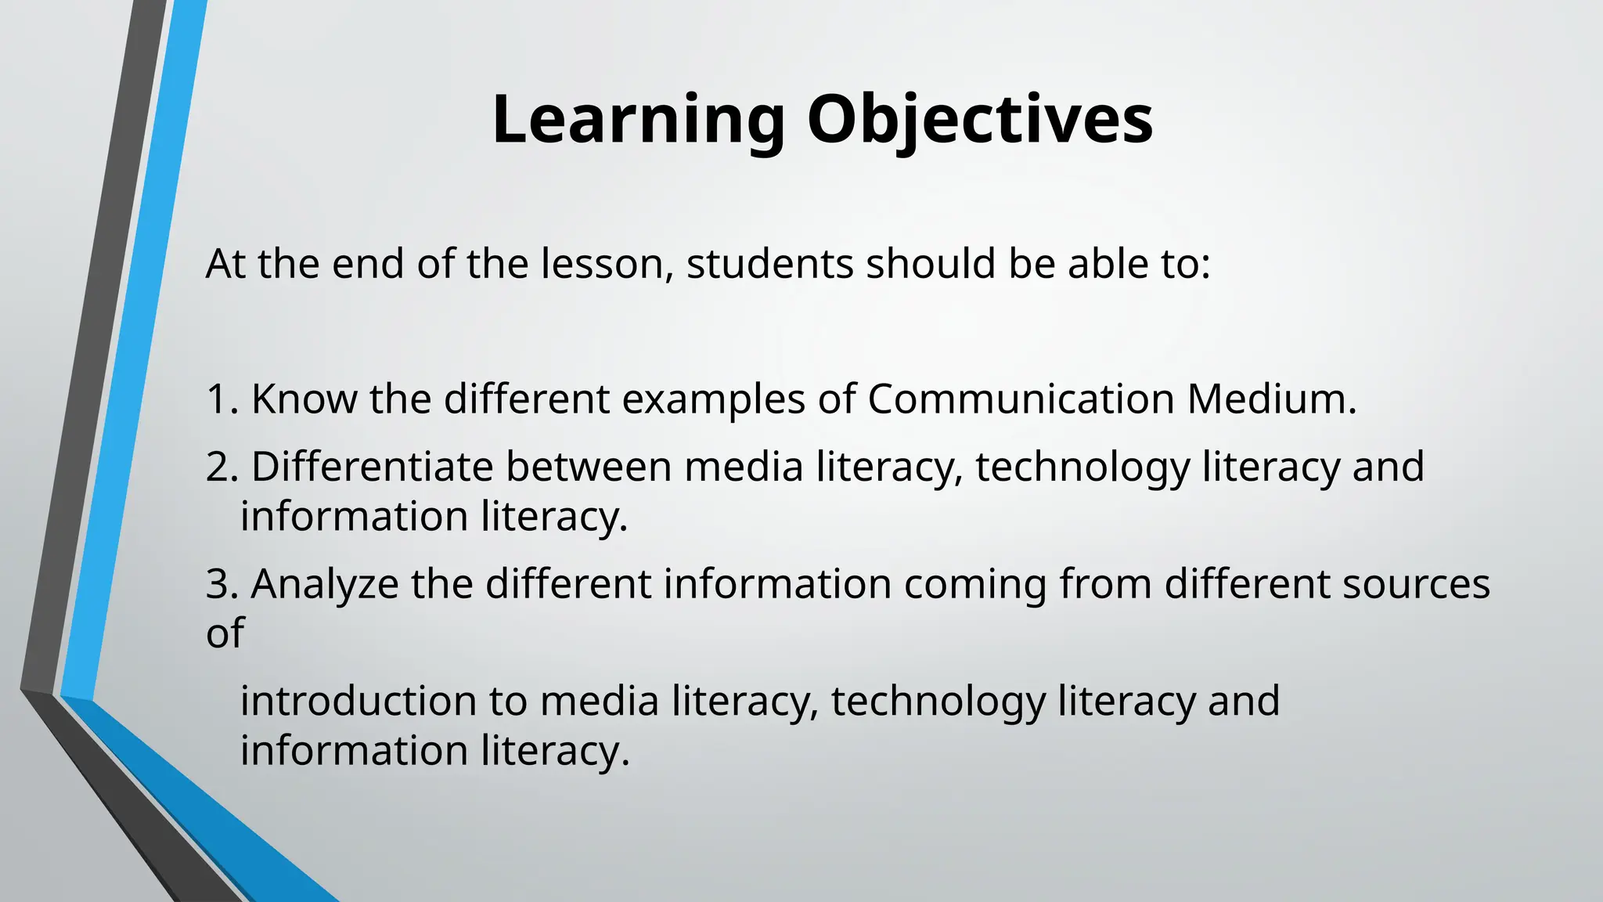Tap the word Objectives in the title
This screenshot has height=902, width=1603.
click(980, 121)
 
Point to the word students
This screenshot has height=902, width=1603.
click(769, 264)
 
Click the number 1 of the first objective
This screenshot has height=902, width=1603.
click(217, 399)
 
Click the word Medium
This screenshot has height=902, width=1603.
click(1271, 399)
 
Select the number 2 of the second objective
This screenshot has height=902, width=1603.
click(218, 467)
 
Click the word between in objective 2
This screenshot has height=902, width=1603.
click(588, 467)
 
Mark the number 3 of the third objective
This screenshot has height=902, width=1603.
click(218, 584)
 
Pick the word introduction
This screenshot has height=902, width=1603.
click(357, 701)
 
